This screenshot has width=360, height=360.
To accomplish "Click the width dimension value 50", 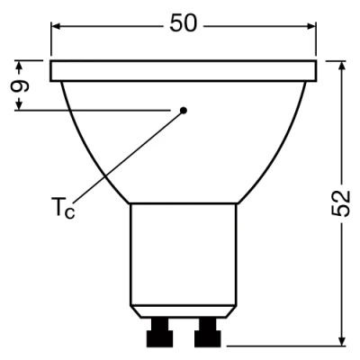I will tap(183, 24).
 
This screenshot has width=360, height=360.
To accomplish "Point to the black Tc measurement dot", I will tap(184, 110).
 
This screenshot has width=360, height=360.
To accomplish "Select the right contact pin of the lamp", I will tap(206, 334).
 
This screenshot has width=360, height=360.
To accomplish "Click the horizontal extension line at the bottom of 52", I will tap(288, 346).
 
